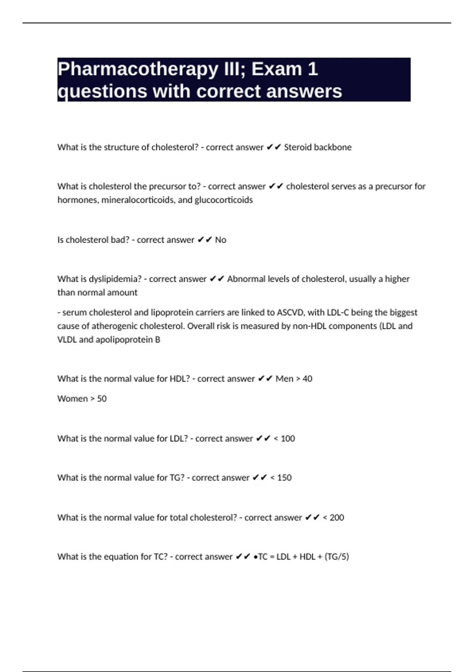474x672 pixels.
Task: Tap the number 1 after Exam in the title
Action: click(312, 70)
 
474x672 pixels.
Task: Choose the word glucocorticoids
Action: click(224, 200)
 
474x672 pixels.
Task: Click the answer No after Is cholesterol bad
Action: click(220, 240)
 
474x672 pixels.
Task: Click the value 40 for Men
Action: click(307, 379)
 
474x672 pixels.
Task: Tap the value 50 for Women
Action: click(102, 398)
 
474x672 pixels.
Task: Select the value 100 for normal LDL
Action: click(288, 438)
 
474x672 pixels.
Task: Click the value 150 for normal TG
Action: click(284, 478)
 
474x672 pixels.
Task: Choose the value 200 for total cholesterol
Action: click(337, 517)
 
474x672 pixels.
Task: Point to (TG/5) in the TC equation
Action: click(337, 557)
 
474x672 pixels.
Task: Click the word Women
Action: click(73, 398)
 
